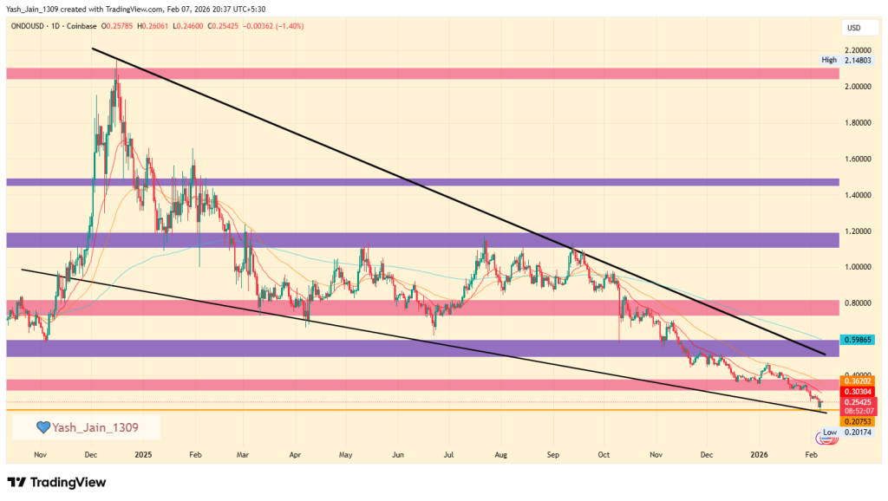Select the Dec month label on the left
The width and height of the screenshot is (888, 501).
[x=91, y=453]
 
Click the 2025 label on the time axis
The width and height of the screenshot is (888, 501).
[x=143, y=453]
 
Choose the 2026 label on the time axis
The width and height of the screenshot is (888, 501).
[x=759, y=453]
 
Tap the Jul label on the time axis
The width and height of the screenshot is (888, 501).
[x=449, y=453]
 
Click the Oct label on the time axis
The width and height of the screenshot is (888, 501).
[x=604, y=453]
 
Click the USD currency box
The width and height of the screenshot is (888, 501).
[x=853, y=29]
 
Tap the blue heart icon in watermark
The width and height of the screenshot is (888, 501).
[x=42, y=426]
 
